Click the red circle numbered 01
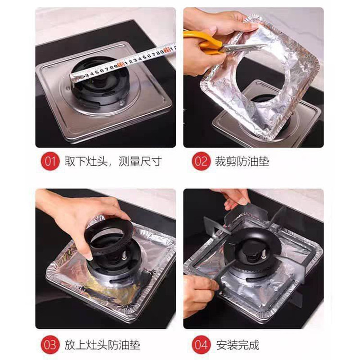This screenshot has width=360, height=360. [50, 161]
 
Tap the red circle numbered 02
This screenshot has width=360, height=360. [201, 161]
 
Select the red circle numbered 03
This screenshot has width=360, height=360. [50, 345]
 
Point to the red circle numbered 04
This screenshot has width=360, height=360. [201, 345]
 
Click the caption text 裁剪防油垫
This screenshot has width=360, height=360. [242, 161]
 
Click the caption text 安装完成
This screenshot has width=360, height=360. [238, 345]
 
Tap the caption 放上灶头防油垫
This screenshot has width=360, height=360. [102, 345]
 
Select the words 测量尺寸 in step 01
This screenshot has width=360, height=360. [140, 161]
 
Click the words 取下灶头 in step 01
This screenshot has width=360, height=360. [86, 161]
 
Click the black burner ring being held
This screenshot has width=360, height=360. [109, 237]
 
